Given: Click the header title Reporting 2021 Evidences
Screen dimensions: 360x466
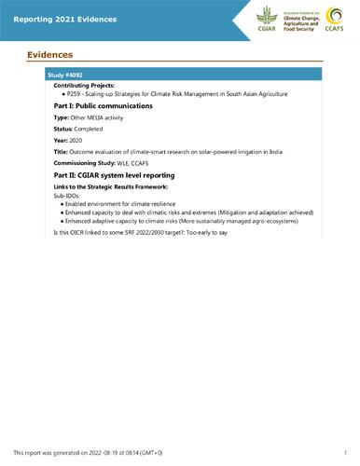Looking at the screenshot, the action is (x=57, y=19).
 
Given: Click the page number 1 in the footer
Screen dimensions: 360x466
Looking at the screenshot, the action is (x=344, y=451).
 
